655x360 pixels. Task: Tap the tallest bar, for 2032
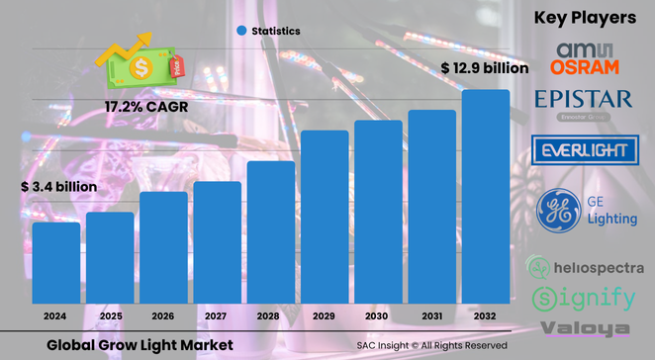[x=486, y=197]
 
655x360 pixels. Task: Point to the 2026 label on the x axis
[x=163, y=316]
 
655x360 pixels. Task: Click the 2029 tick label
[x=325, y=316]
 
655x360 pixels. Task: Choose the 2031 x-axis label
[x=431, y=316]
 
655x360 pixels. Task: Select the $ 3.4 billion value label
[x=58, y=186]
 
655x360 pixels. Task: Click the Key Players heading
[x=584, y=17]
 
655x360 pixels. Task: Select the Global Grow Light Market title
[x=140, y=344]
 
